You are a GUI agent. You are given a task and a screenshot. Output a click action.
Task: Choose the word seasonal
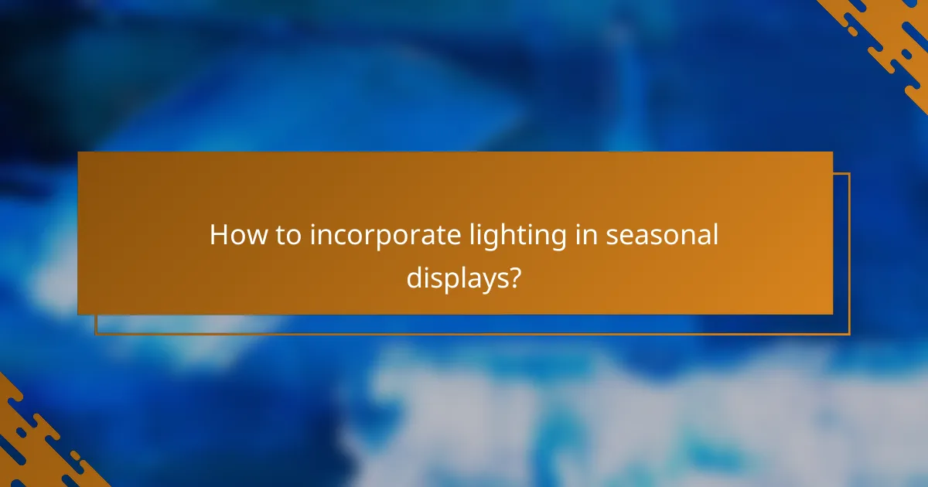(x=662, y=235)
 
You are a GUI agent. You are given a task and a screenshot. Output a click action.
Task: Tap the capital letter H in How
(x=219, y=235)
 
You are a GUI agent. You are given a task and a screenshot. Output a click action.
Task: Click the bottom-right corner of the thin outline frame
(x=849, y=334)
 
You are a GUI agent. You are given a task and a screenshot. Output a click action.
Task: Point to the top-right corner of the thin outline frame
(x=849, y=173)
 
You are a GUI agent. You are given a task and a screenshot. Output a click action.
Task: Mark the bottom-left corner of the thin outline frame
(x=96, y=334)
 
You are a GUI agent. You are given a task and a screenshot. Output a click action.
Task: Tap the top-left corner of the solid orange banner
(x=78, y=152)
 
